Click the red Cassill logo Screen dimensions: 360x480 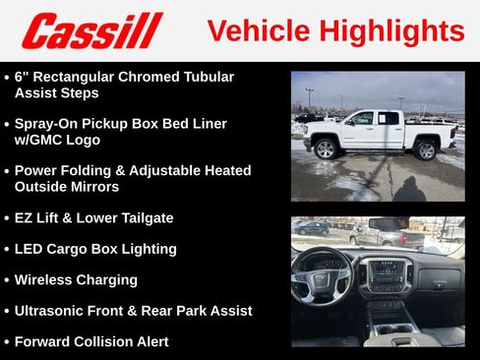(x=91, y=30)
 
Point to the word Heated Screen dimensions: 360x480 (x=224, y=170)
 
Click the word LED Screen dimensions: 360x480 (x=30, y=249)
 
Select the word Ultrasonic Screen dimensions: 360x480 (x=52, y=311)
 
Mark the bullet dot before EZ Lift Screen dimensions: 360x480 (x=7, y=217)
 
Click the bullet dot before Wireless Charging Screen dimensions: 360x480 (x=7, y=280)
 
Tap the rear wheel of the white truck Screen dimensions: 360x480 (x=425, y=150)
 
